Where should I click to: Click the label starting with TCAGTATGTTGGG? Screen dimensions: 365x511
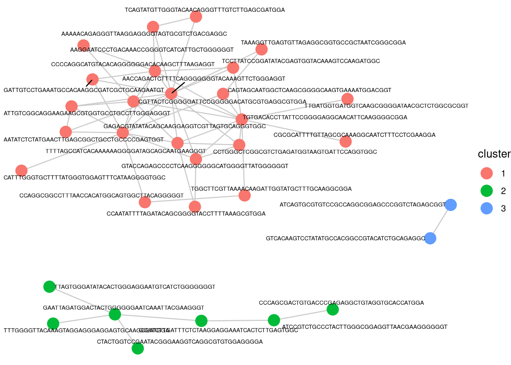point(205,10)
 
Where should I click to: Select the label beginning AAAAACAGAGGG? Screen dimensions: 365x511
point(144,34)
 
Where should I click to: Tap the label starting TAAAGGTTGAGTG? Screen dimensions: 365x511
point(323,43)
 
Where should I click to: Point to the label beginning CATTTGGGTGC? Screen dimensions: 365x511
point(84,178)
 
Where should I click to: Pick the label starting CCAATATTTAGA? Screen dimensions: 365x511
point(186,214)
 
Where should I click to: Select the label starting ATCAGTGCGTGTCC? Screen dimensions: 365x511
point(362,205)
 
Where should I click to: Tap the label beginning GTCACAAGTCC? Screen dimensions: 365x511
point(345,238)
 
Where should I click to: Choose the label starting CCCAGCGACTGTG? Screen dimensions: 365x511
point(341,303)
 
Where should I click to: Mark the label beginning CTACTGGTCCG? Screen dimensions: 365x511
point(179,342)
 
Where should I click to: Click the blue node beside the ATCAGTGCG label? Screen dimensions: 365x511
point(451,205)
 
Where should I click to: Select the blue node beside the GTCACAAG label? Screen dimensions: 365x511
point(430,238)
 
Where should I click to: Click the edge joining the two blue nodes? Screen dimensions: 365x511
point(440,222)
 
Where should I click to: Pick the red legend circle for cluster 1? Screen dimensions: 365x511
point(487,173)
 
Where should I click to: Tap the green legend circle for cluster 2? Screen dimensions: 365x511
point(487,191)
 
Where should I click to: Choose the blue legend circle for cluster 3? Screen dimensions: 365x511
point(487,208)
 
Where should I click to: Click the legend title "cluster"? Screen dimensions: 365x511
point(494,154)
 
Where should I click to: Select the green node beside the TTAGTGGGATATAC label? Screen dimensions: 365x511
point(49,287)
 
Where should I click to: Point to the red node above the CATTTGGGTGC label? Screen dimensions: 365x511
point(22,171)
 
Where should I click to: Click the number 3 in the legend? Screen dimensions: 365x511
point(503,208)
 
